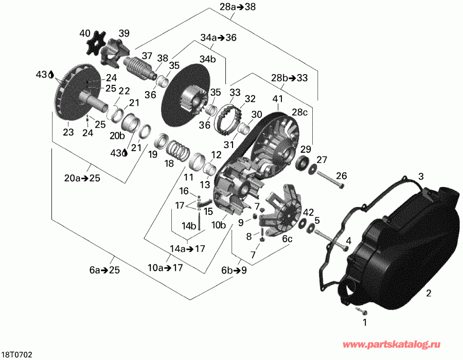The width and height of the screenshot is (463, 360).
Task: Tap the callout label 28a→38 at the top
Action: (x=231, y=7)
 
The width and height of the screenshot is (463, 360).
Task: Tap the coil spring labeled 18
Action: (x=178, y=149)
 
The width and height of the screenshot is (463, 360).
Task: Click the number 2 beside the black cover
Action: (x=428, y=294)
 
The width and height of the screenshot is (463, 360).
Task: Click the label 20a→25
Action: (x=83, y=178)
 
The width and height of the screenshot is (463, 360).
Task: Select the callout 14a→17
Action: (x=187, y=249)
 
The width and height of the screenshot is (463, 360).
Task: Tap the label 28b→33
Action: (x=289, y=78)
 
